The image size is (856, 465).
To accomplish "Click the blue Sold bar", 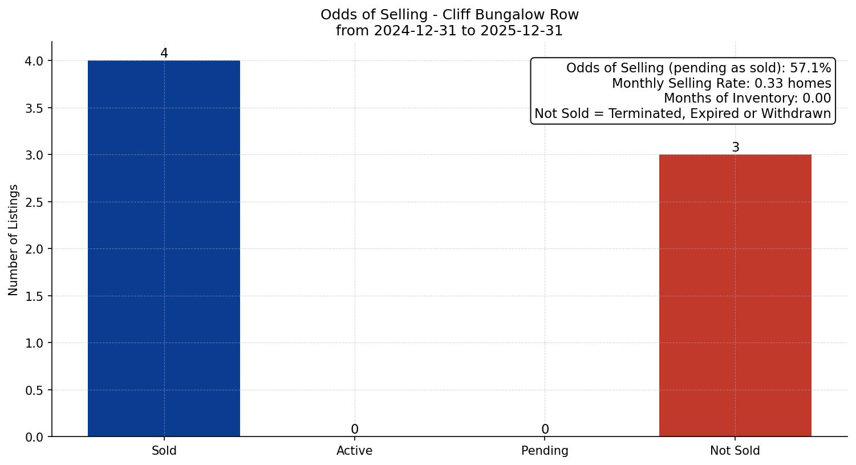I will (164, 248).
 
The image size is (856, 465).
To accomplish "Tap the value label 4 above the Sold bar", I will (164, 54).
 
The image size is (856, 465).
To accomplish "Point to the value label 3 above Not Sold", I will (736, 148).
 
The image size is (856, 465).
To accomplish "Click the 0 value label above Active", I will (355, 430).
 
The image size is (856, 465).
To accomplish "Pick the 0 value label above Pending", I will (545, 430).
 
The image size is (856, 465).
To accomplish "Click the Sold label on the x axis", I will (164, 451).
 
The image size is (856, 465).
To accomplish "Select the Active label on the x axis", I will (355, 451).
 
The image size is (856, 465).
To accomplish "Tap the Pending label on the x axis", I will (545, 451).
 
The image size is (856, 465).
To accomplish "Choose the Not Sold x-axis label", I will (735, 451).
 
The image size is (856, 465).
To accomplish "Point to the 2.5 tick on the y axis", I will (35, 202).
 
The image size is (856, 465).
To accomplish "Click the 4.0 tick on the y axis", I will (35, 61).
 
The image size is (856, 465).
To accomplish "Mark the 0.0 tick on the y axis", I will (35, 437).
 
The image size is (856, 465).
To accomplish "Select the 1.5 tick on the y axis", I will (35, 296).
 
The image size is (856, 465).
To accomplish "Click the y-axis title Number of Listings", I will (14, 239).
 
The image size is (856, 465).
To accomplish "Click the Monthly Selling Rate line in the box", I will (721, 83).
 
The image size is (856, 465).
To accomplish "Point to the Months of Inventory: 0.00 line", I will (747, 99).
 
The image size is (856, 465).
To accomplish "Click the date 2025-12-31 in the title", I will (521, 31).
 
